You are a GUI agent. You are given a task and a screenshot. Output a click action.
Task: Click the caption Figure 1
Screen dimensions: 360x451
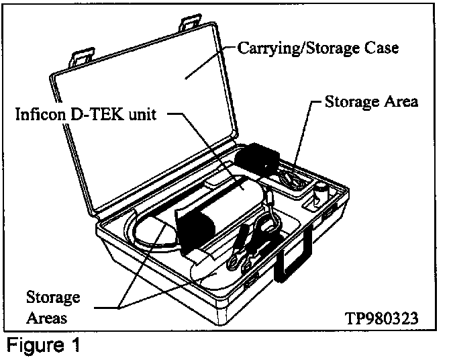coord(44,346)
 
